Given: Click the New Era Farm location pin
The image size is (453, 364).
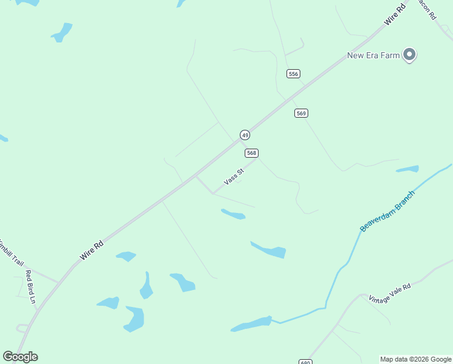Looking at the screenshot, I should tap(409, 55).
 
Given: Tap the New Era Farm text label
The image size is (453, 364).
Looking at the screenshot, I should tap(373, 56).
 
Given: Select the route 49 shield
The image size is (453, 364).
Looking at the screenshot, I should tap(245, 135).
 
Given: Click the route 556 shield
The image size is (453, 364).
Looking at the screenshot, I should tap(293, 73).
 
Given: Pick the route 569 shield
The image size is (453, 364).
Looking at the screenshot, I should tap(302, 113).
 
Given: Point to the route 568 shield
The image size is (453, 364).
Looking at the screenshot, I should tap(252, 153).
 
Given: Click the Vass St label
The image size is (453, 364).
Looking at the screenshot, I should tap(234, 177).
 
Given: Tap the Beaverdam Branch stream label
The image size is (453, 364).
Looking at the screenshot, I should tap(388, 211).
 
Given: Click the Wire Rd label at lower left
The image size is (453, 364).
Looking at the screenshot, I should tap(91, 251).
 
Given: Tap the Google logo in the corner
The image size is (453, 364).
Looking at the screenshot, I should tap(20, 357).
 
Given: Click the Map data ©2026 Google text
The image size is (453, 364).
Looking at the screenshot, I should tap(415, 359).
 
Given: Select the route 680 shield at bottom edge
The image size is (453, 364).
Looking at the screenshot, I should tap(305, 362).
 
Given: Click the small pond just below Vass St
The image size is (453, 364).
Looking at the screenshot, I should tap(233, 214).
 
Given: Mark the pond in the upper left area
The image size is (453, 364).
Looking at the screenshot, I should tap(62, 32).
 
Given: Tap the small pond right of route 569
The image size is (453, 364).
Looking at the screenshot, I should tap(408, 169).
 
